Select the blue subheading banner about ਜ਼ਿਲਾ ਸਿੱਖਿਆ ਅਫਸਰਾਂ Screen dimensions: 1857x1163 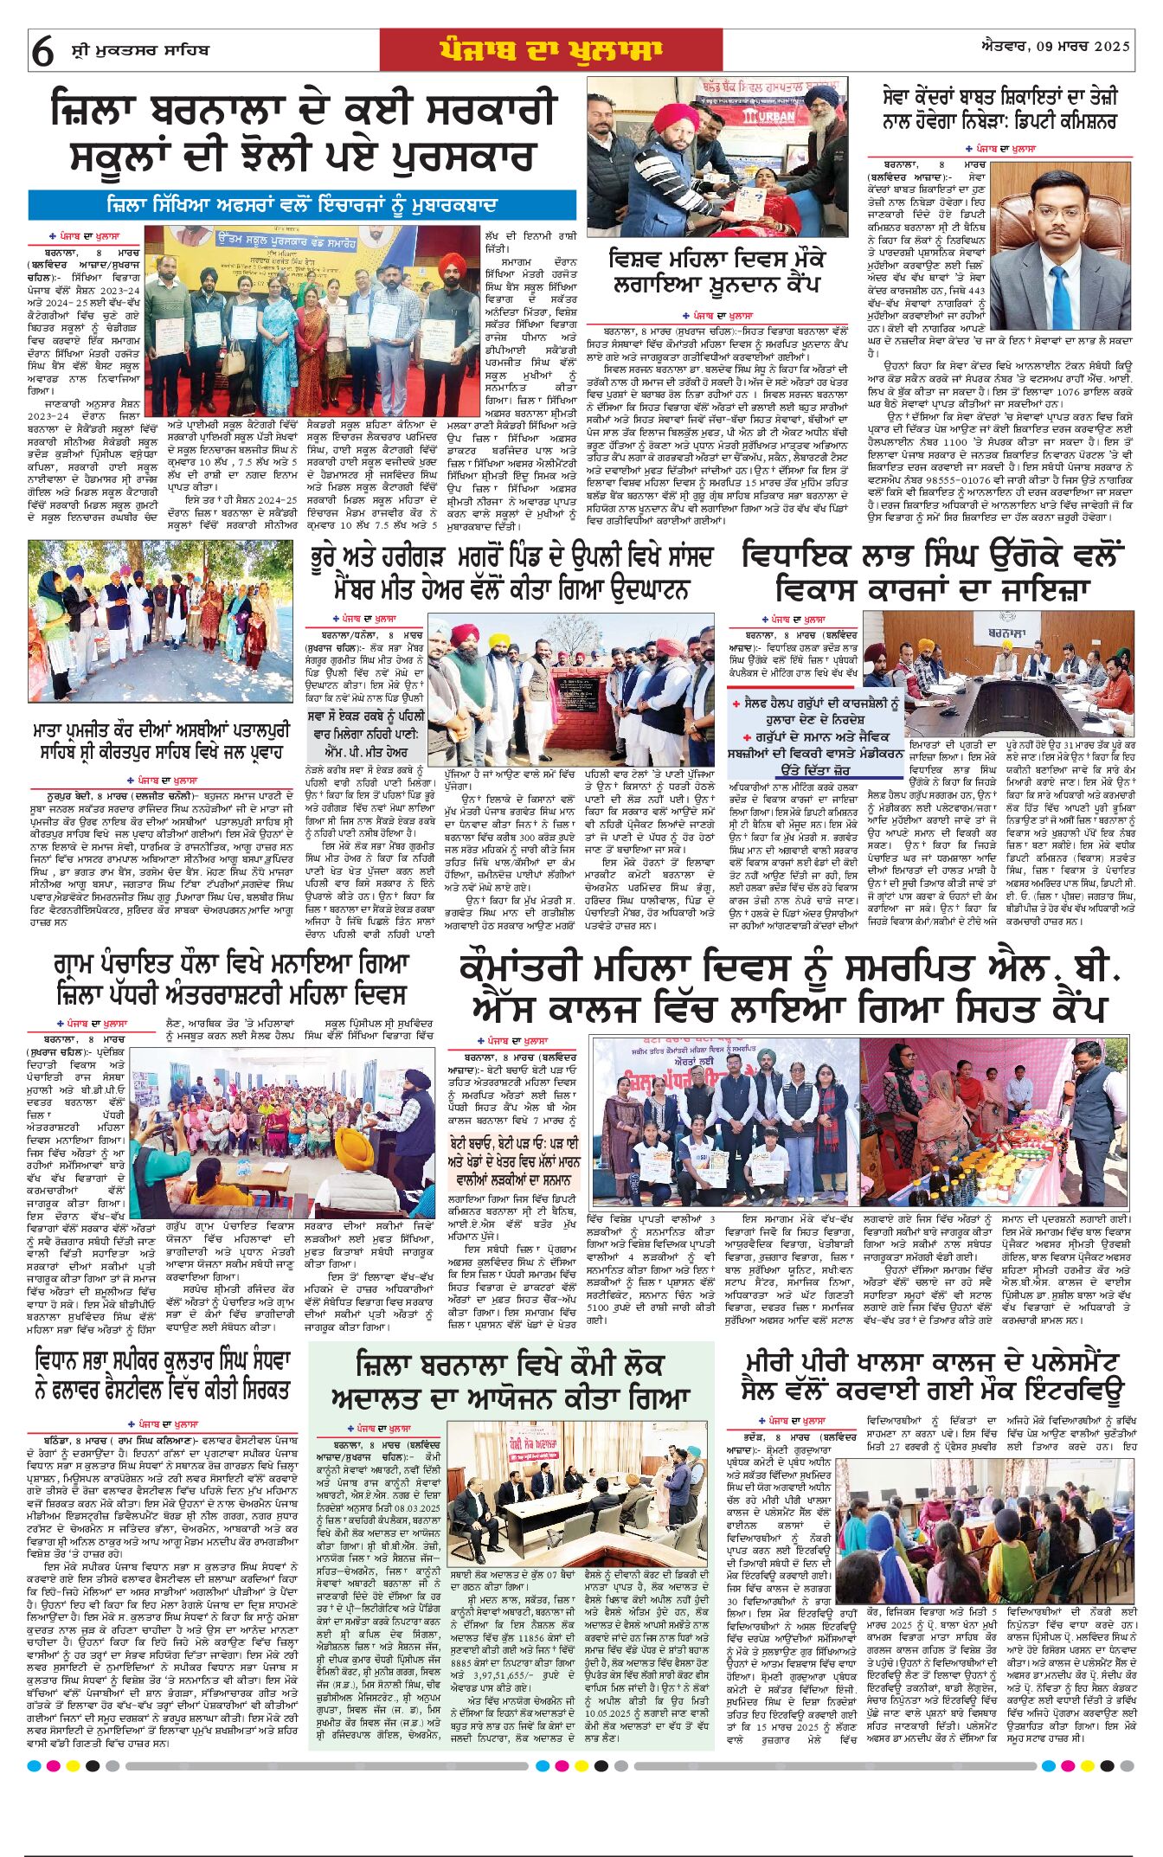(x=302, y=205)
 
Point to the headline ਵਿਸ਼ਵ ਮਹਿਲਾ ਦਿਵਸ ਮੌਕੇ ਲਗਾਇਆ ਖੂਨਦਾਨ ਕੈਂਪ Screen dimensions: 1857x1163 (x=716, y=272)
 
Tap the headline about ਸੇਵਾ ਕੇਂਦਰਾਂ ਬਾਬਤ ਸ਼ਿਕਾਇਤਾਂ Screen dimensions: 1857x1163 (x=999, y=108)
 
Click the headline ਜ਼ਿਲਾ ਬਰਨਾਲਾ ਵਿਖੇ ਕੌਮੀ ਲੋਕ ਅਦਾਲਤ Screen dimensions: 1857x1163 (x=511, y=1380)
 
